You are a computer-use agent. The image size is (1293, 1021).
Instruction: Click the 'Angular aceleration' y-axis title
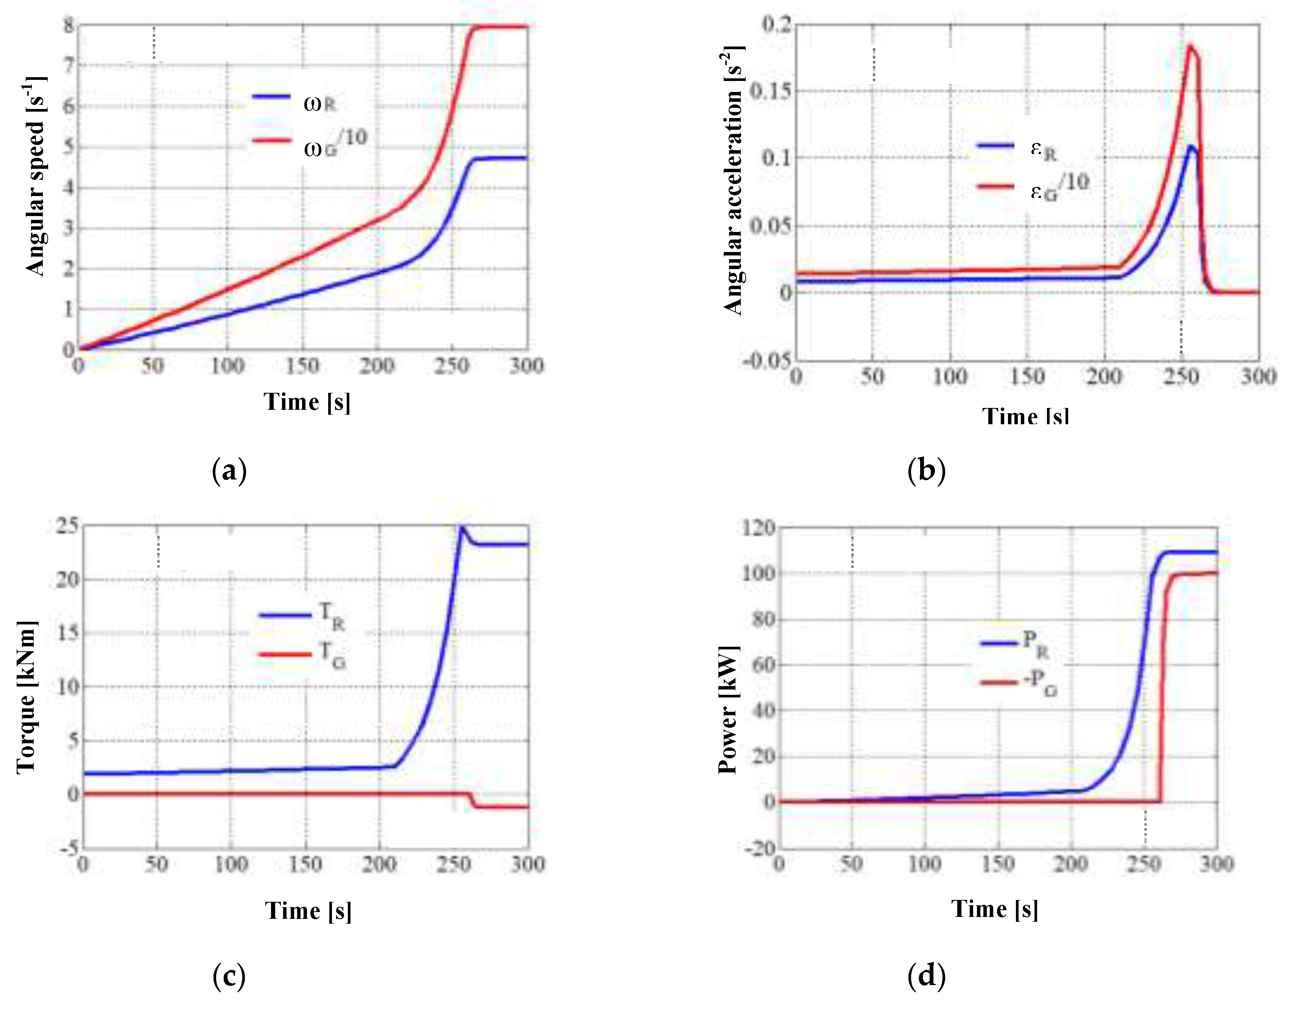click(x=734, y=179)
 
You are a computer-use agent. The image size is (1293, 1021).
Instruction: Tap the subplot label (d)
click(x=926, y=976)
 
